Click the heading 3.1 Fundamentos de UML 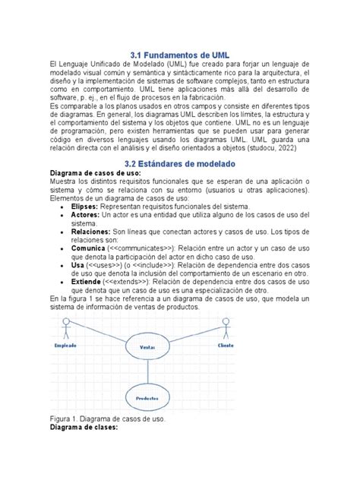click(x=180, y=55)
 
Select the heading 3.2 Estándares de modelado click(x=180, y=163)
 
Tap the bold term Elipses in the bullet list click(x=85, y=207)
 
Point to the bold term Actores click(x=86, y=216)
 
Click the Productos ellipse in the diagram click(x=147, y=398)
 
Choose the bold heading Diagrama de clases click(x=84, y=428)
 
